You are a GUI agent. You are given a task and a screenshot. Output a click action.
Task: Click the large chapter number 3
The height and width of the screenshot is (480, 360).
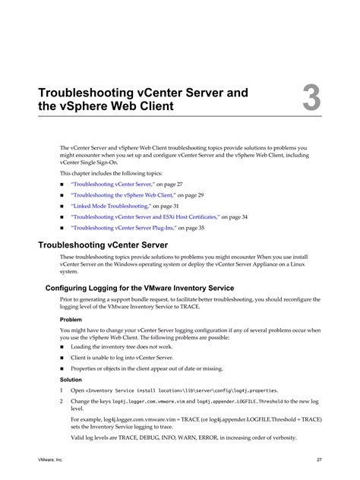pyautogui.click(x=312, y=99)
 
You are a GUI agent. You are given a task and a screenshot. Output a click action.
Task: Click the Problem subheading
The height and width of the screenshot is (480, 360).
pyautogui.click(x=72, y=320)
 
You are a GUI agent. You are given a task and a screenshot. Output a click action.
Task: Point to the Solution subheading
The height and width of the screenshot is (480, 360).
pyautogui.click(x=73, y=378)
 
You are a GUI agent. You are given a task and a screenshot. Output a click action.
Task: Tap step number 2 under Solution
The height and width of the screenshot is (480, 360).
pyautogui.click(x=62, y=400)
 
